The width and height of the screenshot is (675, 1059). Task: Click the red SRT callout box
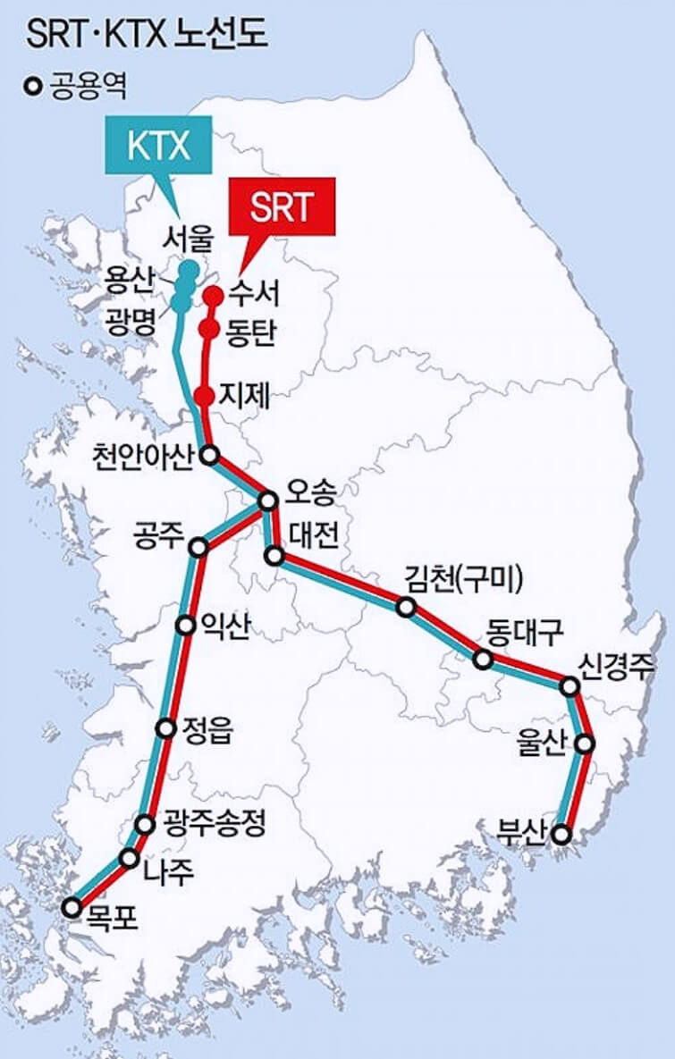pos(283,207)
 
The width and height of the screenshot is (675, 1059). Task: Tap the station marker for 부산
pos(561,835)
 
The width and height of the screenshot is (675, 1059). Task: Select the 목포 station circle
pos(72,908)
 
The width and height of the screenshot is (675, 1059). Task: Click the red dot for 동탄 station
pos(209,330)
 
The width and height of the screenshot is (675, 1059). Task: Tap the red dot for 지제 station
pos(204,395)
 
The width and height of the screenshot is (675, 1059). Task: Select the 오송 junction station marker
pos(267,501)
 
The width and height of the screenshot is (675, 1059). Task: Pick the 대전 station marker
pos(276,556)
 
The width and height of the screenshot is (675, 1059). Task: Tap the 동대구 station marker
pos(483,660)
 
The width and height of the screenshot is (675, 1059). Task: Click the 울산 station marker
pos(585,743)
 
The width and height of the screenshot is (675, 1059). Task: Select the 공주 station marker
pos(201,547)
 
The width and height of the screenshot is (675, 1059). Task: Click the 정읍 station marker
pos(165,728)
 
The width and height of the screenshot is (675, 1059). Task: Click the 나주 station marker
pos(130,860)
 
